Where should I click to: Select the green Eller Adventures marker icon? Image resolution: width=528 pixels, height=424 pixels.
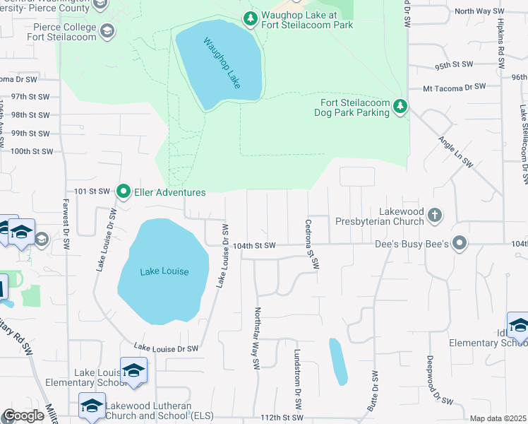tap(124, 192)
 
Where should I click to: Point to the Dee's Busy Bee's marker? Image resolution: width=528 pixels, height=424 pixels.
tap(460, 244)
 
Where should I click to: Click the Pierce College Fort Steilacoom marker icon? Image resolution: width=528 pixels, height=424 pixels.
tap(107, 30)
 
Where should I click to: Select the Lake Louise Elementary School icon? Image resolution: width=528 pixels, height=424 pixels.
tap(133, 370)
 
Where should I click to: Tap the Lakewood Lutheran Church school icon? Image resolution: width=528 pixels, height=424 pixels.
tap(91, 405)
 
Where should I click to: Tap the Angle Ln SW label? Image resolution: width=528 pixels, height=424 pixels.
tap(455, 151)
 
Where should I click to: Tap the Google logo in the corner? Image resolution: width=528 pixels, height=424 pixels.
tap(24, 416)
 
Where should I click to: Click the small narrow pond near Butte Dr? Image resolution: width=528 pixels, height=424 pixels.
tap(338, 362)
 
